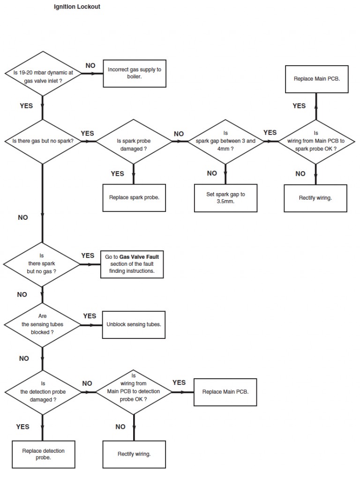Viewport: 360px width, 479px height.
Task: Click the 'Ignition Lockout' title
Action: [x=77, y=7]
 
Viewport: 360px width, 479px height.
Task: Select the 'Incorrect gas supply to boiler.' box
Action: [x=134, y=73]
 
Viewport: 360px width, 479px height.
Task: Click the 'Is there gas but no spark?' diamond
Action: [x=43, y=141]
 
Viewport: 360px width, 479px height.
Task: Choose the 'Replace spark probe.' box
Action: [x=134, y=197]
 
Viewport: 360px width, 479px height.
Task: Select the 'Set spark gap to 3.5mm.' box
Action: [x=225, y=197]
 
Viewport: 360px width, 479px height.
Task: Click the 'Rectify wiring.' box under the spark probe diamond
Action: [x=315, y=198]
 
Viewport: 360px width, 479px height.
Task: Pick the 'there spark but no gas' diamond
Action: [x=42, y=264]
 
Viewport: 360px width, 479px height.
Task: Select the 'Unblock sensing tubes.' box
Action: [x=134, y=324]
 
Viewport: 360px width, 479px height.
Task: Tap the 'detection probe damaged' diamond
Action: [x=42, y=391]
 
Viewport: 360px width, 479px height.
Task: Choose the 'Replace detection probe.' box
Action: [x=43, y=454]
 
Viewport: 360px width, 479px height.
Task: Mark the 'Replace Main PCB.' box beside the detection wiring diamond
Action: [x=225, y=391]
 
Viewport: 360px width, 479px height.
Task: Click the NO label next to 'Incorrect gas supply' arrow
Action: [x=90, y=65]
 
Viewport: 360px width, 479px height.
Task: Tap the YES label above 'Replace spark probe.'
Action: [x=117, y=174]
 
